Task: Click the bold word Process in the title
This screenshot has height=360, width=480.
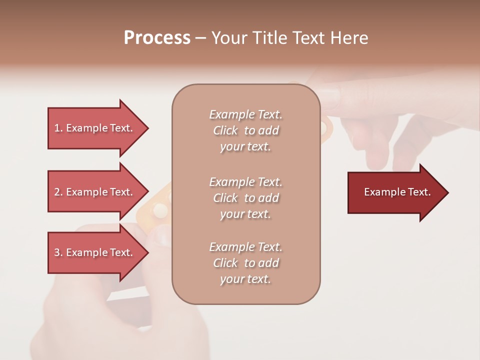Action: tap(157, 38)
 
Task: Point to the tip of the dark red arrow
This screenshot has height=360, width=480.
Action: tap(447, 192)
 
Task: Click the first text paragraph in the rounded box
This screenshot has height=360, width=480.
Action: tap(245, 130)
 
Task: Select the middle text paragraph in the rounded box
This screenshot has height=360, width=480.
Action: tap(245, 198)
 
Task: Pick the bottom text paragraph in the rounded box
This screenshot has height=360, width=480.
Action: tap(245, 263)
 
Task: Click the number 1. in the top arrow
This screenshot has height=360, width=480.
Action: tap(58, 128)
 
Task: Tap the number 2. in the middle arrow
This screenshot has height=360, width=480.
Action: tap(58, 192)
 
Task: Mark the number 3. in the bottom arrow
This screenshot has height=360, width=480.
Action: tap(58, 252)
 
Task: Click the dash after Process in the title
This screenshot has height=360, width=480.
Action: tap(200, 38)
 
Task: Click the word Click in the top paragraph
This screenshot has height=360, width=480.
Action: tap(225, 130)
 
